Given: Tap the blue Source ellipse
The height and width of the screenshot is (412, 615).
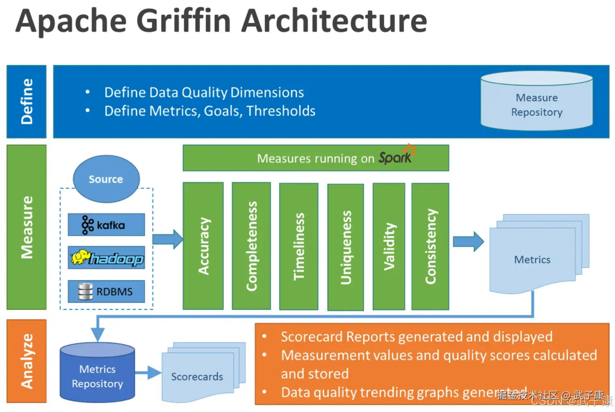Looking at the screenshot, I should point(106,179).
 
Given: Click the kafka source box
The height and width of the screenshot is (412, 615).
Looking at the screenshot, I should point(106,225).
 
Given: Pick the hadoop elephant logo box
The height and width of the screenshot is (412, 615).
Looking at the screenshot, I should point(106,258).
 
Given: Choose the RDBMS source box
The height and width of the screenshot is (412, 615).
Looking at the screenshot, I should point(106,291).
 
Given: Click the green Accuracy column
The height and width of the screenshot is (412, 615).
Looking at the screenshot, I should point(203,246).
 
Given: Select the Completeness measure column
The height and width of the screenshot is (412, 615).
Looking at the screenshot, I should point(251,246).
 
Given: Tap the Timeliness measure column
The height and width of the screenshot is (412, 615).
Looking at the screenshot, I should point(298,246).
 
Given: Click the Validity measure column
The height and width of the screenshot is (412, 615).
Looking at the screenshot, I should point(389,246).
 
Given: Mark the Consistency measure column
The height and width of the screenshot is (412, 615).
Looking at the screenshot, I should point(430,246).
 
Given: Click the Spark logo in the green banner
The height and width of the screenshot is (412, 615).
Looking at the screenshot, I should point(396,156).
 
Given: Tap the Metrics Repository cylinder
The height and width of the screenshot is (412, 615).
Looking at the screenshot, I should point(97,373).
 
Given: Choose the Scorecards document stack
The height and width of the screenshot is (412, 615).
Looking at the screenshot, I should point(198,375).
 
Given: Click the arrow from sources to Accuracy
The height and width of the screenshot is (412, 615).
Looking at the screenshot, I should point(168,239).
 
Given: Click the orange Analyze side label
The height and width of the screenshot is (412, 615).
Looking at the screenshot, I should point(27,361).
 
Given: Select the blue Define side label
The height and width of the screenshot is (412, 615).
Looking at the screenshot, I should point(27,101).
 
